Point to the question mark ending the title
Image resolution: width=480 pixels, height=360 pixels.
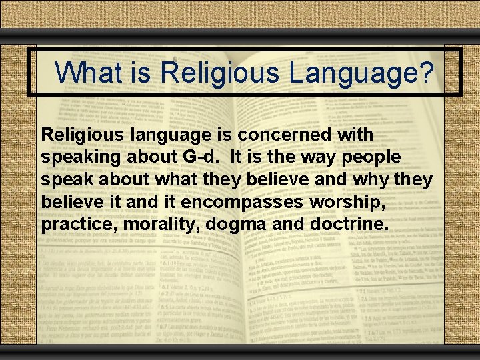tap(426, 71)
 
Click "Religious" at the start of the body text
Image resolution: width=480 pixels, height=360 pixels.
tap(79, 135)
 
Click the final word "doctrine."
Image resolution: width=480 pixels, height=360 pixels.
tap(349, 224)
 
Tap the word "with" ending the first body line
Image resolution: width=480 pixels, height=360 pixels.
tap(355, 135)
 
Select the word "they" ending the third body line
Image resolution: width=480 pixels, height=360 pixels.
tap(413, 179)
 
